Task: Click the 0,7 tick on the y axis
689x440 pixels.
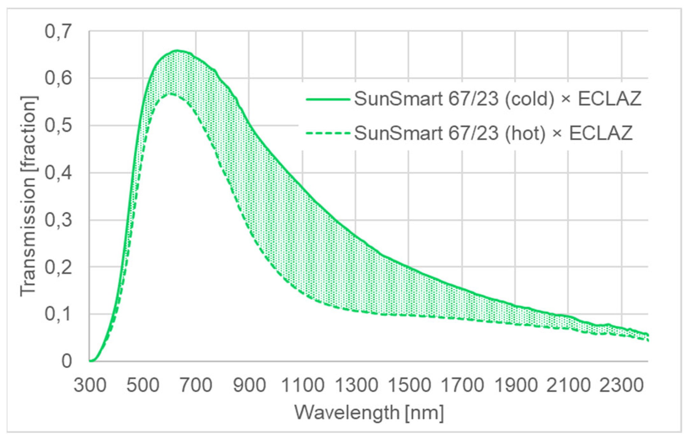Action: (58, 32)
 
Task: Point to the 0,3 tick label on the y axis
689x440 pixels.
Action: (58, 221)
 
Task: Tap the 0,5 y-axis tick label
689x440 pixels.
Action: (58, 126)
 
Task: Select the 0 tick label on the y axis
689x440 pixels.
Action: (67, 361)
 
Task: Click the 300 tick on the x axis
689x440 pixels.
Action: (90, 385)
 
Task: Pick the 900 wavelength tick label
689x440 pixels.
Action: (250, 385)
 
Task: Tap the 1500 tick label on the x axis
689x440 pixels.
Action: (409, 385)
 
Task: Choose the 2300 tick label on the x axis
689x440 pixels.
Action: (622, 385)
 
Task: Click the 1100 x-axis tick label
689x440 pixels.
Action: (303, 385)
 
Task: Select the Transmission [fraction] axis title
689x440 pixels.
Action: (28, 196)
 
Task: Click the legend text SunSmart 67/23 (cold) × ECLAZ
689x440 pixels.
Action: (497, 99)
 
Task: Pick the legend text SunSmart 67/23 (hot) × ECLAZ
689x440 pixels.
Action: (493, 133)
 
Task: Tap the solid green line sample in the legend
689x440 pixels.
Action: (327, 99)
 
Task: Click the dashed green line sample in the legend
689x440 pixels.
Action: (327, 133)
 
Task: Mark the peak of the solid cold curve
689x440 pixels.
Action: (176, 51)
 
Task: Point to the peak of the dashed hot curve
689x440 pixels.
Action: (171, 94)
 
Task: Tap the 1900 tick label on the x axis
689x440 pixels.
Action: (516, 385)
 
